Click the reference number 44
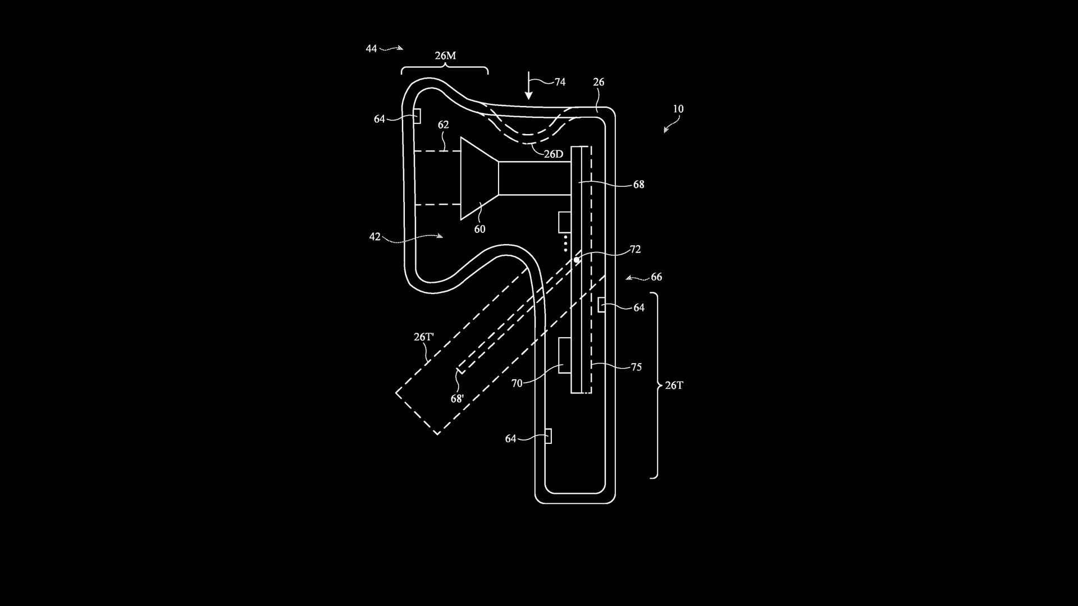371,49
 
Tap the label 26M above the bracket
445,56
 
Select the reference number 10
678,109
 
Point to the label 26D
554,154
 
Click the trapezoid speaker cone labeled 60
480,178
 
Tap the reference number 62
444,125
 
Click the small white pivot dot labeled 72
577,260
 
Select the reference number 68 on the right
639,185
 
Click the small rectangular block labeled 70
565,355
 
